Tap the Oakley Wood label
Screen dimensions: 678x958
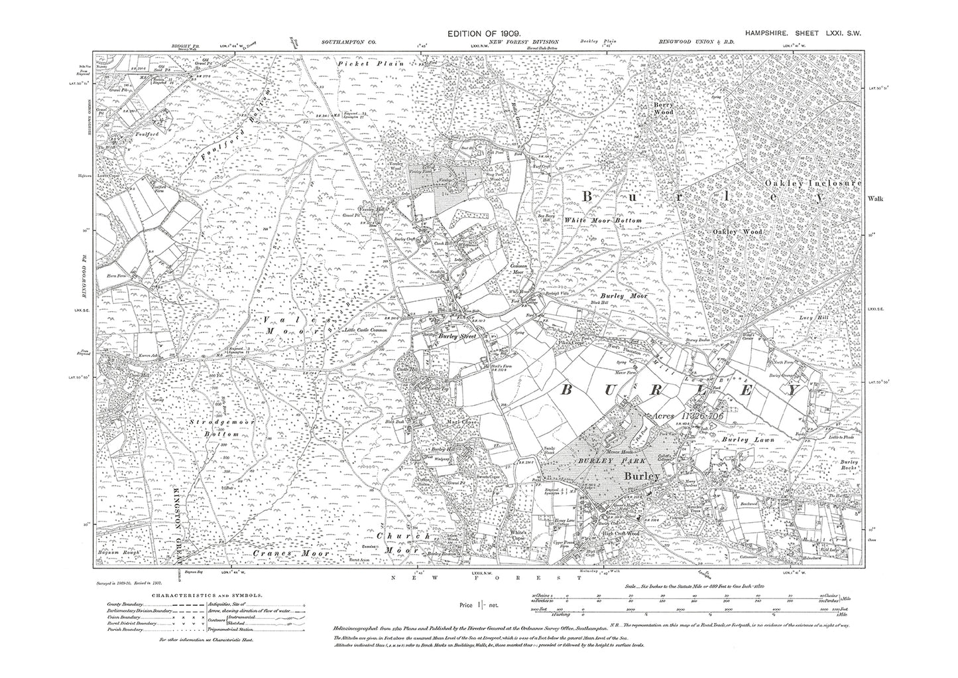tap(737, 232)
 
